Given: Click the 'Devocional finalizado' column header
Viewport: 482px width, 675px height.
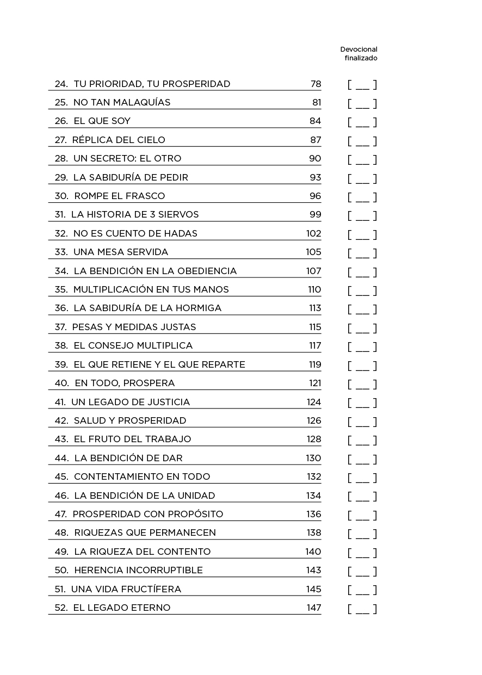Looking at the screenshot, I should click(359, 53).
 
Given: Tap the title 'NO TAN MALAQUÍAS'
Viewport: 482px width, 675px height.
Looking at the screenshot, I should click(122, 102).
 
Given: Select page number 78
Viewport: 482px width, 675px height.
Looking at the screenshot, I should click(316, 84).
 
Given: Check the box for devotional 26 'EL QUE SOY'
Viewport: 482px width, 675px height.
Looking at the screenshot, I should click(362, 122).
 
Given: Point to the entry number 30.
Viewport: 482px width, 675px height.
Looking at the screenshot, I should click(60, 196).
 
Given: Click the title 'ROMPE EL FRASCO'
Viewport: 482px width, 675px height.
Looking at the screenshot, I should click(119, 196).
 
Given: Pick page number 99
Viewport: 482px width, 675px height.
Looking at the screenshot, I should click(315, 214).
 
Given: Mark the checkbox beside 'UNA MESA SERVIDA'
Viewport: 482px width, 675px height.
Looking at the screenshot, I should click(362, 253).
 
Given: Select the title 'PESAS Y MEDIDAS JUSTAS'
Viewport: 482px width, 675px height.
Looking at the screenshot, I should click(134, 327).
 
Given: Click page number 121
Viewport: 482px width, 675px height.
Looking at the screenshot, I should click(315, 383).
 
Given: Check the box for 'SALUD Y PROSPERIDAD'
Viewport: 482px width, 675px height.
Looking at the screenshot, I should click(362, 422).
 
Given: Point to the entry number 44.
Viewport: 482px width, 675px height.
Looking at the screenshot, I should click(61, 458).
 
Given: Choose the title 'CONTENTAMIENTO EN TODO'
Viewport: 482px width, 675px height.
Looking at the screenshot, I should click(141, 476).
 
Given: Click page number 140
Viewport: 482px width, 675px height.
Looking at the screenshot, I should click(313, 552).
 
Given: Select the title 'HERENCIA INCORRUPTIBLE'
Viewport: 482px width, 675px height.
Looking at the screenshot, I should click(138, 570).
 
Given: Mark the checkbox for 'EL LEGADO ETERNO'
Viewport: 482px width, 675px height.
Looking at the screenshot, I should click(362, 609).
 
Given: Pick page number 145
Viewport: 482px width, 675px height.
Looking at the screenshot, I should click(313, 589).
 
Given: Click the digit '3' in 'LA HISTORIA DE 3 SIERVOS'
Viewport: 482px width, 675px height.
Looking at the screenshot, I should click(152, 214).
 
